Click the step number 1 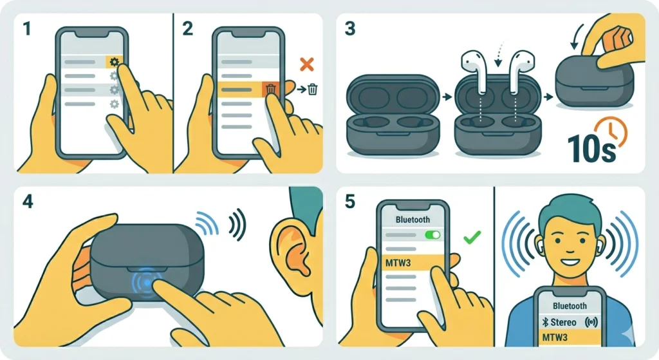click(x=26, y=29)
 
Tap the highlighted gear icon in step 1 click(x=114, y=62)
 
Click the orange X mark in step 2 click(x=307, y=64)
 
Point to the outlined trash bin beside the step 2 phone click(x=313, y=90)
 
